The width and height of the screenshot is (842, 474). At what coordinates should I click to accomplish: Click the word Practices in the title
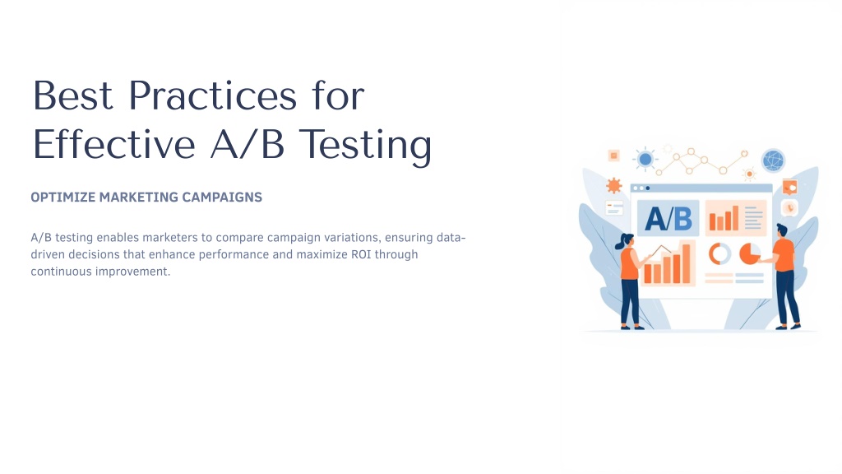click(213, 95)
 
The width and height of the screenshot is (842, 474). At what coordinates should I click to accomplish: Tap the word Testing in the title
click(365, 145)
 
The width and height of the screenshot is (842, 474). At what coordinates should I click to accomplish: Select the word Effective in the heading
click(113, 144)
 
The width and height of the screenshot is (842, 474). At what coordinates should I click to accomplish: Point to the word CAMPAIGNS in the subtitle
click(222, 197)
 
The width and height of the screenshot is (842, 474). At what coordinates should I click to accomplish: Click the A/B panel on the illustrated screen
click(668, 218)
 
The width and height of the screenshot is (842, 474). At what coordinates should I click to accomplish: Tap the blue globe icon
click(773, 160)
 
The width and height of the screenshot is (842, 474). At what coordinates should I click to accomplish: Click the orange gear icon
click(613, 186)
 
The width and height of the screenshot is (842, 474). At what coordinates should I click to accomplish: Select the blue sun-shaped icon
click(645, 159)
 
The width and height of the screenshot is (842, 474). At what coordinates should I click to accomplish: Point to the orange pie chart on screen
click(750, 253)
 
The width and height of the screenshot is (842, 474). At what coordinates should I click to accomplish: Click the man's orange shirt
click(784, 255)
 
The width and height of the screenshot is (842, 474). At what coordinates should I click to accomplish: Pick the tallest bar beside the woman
click(685, 263)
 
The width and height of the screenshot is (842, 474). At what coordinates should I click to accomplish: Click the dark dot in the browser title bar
click(648, 188)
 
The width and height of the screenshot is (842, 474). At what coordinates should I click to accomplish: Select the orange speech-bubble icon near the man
click(789, 188)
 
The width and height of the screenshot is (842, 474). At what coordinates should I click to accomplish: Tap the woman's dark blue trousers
click(629, 301)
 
